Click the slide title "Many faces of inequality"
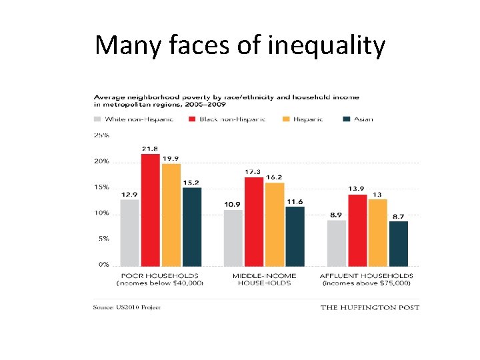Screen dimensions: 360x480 point(240,45)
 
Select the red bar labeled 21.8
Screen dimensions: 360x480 point(151,210)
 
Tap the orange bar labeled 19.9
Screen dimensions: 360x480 point(171,215)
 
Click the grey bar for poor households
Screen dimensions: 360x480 point(130,233)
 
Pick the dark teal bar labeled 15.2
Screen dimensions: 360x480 point(192,227)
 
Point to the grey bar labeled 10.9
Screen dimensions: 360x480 point(233,238)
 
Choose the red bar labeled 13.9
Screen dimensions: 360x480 point(357,230)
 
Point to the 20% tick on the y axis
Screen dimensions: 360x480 point(101,161)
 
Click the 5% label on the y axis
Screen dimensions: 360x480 point(103,238)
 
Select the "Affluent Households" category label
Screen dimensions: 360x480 point(367,279)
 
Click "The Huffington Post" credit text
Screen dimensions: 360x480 point(370,307)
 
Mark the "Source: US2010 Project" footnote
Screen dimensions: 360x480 point(127,307)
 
